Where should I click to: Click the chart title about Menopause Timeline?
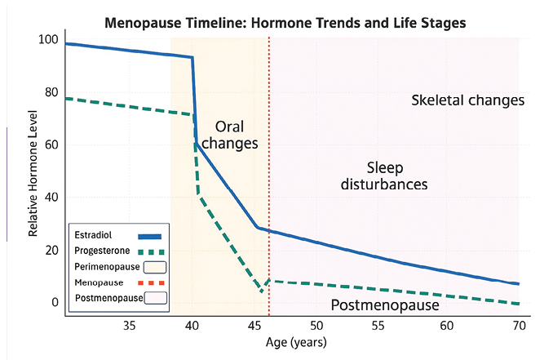pyautogui.click(x=285, y=23)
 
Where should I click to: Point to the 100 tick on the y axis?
pyautogui.click(x=48, y=40)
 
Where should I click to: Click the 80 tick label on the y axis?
pyautogui.click(x=51, y=92)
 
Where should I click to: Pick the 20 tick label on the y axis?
pyautogui.click(x=51, y=250)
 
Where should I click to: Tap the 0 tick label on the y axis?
pyautogui.click(x=55, y=302)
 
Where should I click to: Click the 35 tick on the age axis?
pyautogui.click(x=129, y=327)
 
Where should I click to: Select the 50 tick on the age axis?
pyautogui.click(x=319, y=327)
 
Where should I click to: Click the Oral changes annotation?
pyautogui.click(x=229, y=135)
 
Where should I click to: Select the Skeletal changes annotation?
pyautogui.click(x=467, y=100)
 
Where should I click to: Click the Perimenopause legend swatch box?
pyautogui.click(x=153, y=266)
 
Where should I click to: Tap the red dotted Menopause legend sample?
pyautogui.click(x=153, y=282)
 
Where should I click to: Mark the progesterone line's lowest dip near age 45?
pyautogui.click(x=262, y=291)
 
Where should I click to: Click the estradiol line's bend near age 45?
pyautogui.click(x=257, y=228)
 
